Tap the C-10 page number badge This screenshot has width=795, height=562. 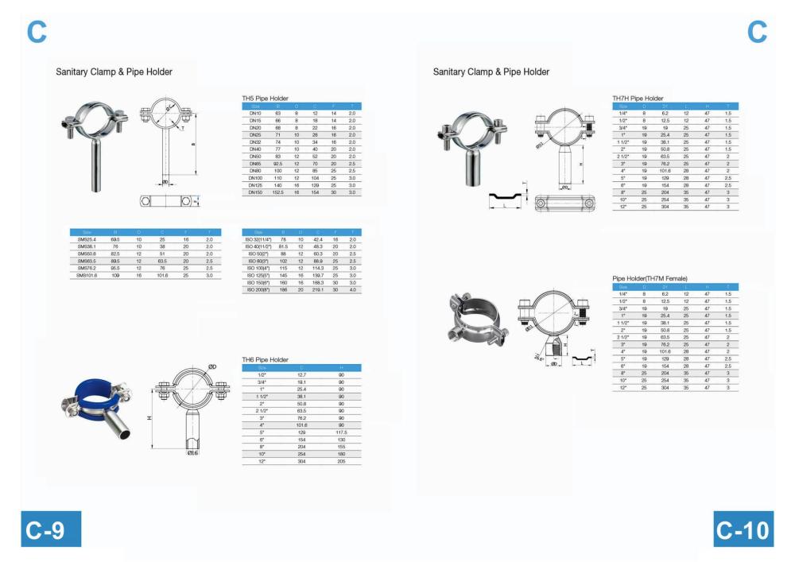(743, 529)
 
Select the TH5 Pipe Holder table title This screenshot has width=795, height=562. (265, 99)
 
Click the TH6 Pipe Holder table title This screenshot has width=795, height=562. (265, 360)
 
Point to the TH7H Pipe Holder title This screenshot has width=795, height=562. (638, 99)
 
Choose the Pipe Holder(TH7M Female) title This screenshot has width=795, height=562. (650, 278)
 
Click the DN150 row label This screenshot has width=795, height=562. (255, 192)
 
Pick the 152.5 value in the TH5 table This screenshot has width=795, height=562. (278, 192)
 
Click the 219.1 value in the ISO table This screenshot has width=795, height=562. (318, 289)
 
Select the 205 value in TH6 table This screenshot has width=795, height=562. (341, 461)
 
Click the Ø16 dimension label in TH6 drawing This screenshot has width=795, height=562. (193, 452)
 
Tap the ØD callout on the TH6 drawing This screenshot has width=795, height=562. (213, 366)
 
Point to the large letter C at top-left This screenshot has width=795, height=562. (37, 32)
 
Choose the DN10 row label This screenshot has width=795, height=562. (255, 114)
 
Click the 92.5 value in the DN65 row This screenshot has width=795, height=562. (278, 164)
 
